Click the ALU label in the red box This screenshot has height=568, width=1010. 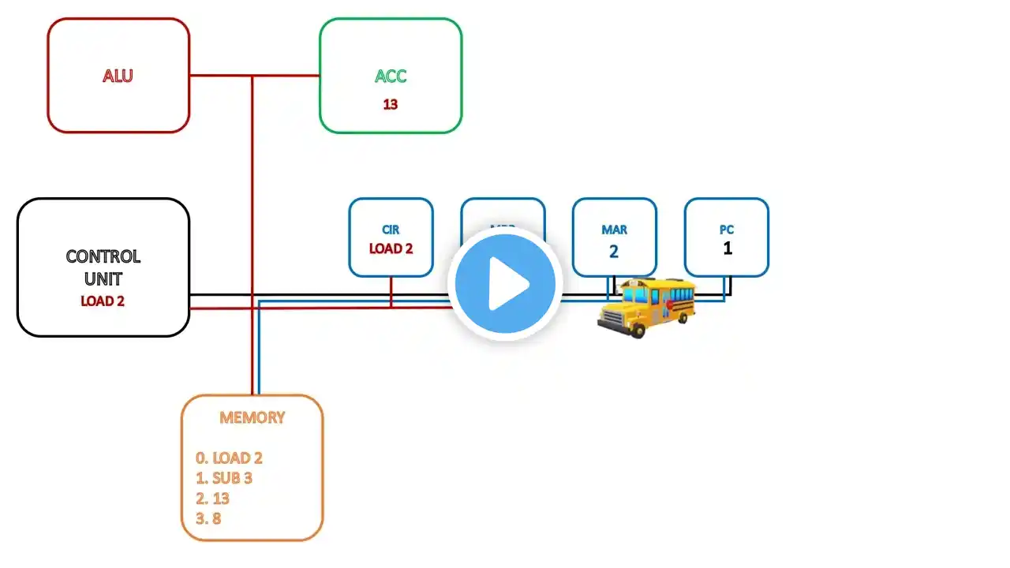tap(118, 76)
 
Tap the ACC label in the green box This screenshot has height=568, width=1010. tap(391, 77)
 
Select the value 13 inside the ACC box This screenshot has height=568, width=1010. tap(390, 104)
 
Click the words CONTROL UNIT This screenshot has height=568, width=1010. tap(103, 267)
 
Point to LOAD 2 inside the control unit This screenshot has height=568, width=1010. tap(103, 301)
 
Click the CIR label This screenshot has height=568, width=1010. tap(391, 230)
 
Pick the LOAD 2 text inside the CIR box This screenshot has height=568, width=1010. tap(391, 248)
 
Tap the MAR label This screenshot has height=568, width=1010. tap(614, 230)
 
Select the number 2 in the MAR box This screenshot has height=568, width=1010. tap(614, 252)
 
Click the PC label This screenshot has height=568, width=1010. tap(726, 230)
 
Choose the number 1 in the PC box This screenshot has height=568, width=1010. tap(727, 248)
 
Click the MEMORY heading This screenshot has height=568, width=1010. tap(252, 417)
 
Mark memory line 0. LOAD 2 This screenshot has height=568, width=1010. tap(229, 458)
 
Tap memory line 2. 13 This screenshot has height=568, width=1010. tap(212, 499)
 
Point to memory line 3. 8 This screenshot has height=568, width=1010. tap(208, 519)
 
